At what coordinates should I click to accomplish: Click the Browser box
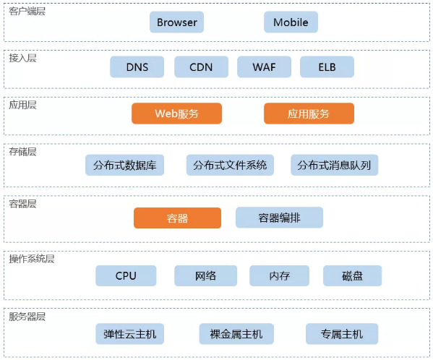coord(176,22)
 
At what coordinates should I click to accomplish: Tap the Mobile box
coord(291,22)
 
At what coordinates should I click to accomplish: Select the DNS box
coord(137,67)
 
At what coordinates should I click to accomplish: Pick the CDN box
coord(201,67)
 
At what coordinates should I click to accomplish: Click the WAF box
coord(264,67)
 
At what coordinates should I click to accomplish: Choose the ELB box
coord(327,67)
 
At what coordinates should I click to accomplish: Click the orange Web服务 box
coord(176,113)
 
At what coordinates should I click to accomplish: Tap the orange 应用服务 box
coord(309,113)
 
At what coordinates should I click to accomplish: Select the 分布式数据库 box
coord(124,165)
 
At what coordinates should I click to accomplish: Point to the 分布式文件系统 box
coord(230,165)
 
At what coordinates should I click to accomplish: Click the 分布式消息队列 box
coord(334,165)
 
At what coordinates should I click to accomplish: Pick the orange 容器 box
coord(177,218)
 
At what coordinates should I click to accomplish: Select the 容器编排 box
coord(279,218)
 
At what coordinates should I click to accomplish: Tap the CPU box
coord(126,275)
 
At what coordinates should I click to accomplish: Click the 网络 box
coord(205,275)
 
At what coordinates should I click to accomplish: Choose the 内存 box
coord(279,275)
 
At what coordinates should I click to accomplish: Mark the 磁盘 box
coord(352,275)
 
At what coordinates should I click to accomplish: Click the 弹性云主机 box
coord(130,334)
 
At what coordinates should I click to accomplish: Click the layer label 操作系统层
coord(32,259)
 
